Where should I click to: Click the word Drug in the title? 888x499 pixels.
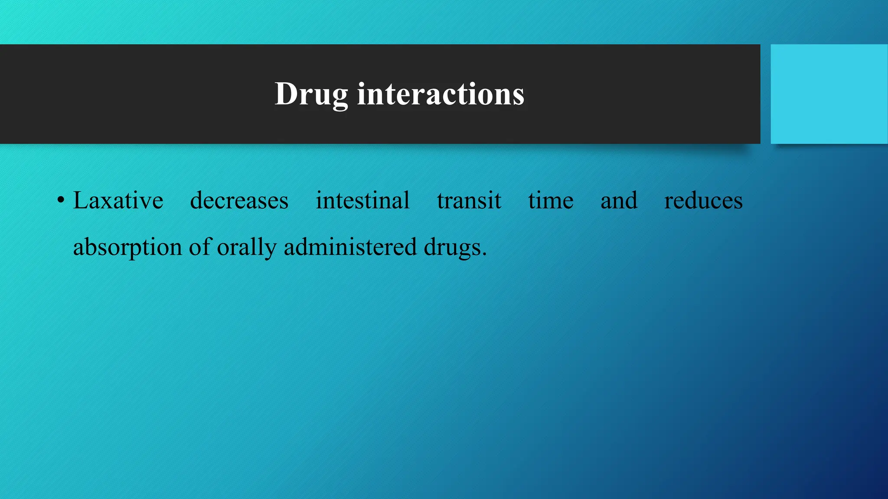(311, 94)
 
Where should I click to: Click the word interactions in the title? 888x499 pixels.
(441, 94)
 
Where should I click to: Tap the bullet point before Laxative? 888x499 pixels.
(61, 201)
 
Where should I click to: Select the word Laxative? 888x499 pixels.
(118, 201)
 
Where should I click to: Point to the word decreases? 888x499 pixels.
(239, 201)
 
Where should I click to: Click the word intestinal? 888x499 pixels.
(362, 201)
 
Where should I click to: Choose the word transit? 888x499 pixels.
(469, 201)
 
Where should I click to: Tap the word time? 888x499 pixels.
(551, 201)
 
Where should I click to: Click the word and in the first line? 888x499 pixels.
(619, 201)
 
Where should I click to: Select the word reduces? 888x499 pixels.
(703, 201)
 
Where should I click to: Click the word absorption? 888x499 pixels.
(127, 248)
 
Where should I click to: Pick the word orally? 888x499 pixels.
(246, 248)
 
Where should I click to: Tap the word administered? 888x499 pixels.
(350, 247)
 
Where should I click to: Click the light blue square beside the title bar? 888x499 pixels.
(829, 94)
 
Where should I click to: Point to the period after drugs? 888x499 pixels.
(484, 255)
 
